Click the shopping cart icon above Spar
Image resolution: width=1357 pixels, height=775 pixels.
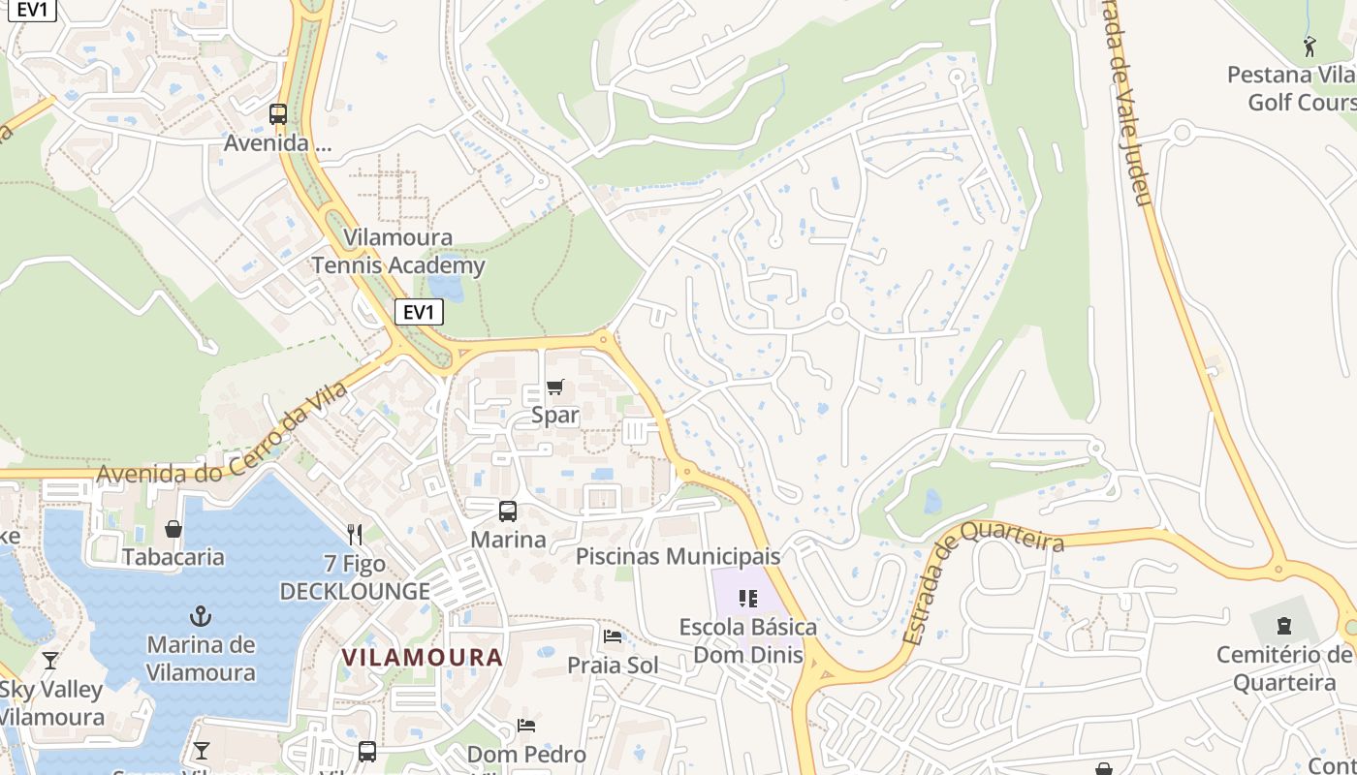point(554,387)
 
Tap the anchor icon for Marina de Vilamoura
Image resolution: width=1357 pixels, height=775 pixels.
point(201,616)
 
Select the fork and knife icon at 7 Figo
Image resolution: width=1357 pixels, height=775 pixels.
point(355,535)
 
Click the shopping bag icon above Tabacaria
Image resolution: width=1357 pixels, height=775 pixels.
point(174,529)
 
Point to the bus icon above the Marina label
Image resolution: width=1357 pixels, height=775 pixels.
point(507,511)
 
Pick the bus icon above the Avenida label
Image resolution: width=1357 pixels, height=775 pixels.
point(278,114)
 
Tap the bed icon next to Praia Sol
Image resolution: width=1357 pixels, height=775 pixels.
point(613,636)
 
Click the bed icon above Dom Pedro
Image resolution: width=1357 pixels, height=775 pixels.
point(526,725)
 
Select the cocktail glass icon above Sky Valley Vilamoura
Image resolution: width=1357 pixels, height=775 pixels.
point(50,661)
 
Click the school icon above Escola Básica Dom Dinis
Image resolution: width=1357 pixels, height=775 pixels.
point(747,599)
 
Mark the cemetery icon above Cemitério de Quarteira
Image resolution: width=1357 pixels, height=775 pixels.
point(1284,625)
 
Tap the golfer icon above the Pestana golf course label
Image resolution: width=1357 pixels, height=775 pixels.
point(1310,46)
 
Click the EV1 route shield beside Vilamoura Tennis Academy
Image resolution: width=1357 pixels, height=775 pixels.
point(419,312)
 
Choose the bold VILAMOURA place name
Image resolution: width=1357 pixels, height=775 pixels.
point(423,658)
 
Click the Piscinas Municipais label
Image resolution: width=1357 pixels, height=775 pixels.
point(678,557)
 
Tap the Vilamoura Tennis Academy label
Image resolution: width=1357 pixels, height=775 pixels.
point(398,252)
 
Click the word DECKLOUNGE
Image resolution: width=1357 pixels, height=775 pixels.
point(355,592)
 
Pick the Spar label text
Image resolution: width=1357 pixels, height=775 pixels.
point(555,416)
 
